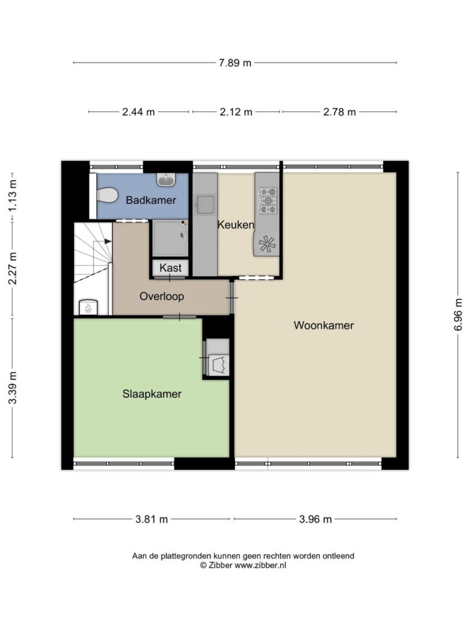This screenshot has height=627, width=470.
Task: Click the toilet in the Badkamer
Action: pyautogui.click(x=106, y=195)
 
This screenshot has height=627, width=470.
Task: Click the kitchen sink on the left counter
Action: pyautogui.click(x=205, y=206)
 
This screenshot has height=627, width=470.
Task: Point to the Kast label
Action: pyautogui.click(x=170, y=268)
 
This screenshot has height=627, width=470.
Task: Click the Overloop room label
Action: pyautogui.click(x=162, y=296)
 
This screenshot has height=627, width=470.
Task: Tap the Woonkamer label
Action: pyautogui.click(x=324, y=325)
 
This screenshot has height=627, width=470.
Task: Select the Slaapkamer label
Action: pyautogui.click(x=152, y=394)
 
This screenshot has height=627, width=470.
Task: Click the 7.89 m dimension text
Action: pyautogui.click(x=235, y=63)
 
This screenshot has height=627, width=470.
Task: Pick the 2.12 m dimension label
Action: pyautogui.click(x=236, y=112)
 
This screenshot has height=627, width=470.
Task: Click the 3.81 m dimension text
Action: pyautogui.click(x=152, y=519)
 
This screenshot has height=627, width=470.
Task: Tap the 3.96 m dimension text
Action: pyautogui.click(x=315, y=519)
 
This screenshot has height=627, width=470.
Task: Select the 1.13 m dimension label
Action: pyautogui.click(x=13, y=195)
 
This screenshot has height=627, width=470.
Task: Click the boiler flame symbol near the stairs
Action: pyautogui.click(x=88, y=308)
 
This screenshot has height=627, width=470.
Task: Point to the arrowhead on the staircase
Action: pyautogui.click(x=108, y=241)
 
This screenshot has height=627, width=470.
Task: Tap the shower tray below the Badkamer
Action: pyautogui.click(x=170, y=238)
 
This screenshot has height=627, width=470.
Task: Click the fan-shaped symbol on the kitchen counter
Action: pyautogui.click(x=267, y=244)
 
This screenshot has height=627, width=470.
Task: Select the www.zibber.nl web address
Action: pyautogui.click(x=260, y=565)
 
